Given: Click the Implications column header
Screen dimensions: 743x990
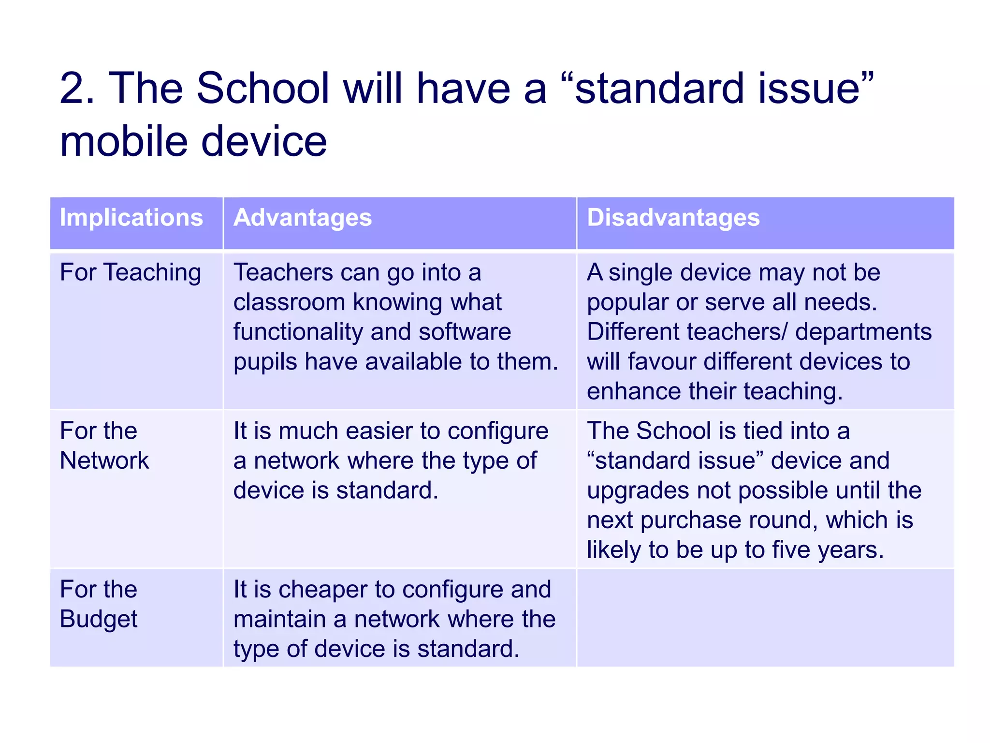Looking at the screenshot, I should (x=131, y=218).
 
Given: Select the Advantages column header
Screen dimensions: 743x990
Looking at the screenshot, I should (x=303, y=218).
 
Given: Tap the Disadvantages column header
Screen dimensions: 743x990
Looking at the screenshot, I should (x=673, y=218).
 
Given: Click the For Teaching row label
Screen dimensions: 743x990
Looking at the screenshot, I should (x=131, y=272).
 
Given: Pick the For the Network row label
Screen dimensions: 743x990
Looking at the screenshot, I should (x=104, y=446).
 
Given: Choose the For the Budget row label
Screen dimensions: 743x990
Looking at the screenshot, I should (x=99, y=604).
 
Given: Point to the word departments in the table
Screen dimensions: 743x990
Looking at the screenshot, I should (x=863, y=332).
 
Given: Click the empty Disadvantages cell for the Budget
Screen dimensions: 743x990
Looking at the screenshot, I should (x=765, y=618).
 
